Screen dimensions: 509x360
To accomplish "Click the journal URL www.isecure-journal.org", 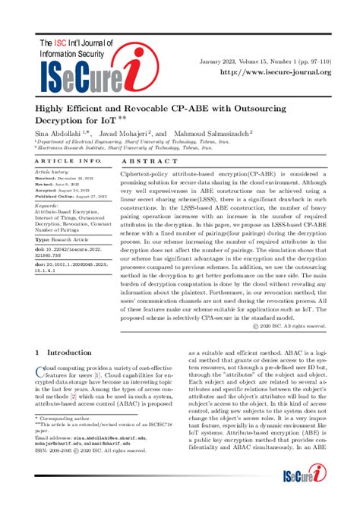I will tap(276, 72).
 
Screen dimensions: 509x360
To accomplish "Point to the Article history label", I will tap(52, 172).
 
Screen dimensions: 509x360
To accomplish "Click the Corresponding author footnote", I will tap(62, 418).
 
